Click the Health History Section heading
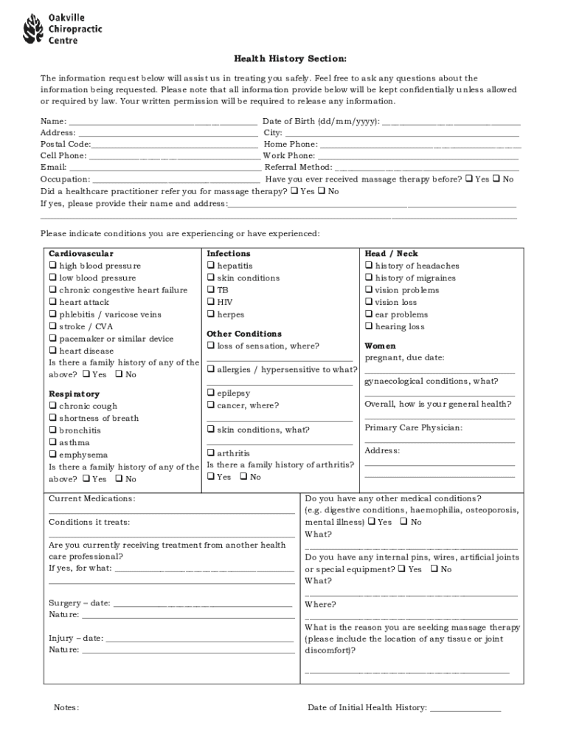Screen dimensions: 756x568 (280, 59)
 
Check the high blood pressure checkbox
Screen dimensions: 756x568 (53, 266)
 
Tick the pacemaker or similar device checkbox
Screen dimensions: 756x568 (53, 339)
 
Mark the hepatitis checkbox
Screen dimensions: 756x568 (211, 266)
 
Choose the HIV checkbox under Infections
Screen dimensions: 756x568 (211, 302)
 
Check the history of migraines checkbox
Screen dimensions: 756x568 (369, 278)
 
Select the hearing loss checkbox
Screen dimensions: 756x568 (369, 326)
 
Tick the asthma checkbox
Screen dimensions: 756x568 (53, 443)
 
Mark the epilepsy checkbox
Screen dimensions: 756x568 (211, 394)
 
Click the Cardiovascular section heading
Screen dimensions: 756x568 (81, 254)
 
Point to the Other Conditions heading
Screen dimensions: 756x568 (244, 334)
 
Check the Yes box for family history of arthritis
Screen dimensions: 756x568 (211, 477)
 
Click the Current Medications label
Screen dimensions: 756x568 (92, 499)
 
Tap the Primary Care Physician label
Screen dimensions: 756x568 (414, 428)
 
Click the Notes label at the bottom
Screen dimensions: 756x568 (66, 708)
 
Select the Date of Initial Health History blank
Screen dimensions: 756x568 (465, 708)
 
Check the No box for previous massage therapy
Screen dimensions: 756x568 (496, 179)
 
